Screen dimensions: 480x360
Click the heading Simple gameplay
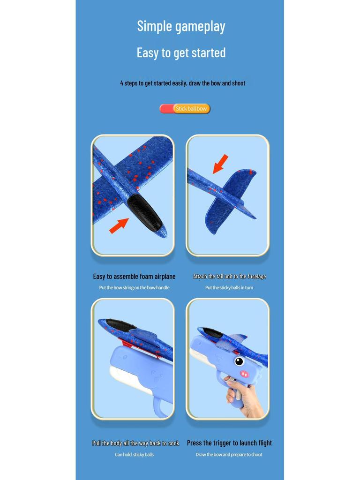[181, 26]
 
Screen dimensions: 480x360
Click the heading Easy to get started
[181, 52]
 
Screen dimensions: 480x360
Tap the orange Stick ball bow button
[191, 109]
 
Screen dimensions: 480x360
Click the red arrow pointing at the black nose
[119, 225]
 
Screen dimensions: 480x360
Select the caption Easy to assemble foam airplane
[134, 277]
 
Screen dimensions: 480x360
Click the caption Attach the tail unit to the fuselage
[229, 277]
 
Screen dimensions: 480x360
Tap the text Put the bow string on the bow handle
[134, 288]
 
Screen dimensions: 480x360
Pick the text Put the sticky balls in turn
[229, 288]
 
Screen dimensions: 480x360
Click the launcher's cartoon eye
[239, 361]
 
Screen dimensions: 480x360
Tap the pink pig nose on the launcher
[244, 374]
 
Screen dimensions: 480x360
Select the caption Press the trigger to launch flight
[229, 443]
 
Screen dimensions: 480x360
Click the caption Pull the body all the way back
[135, 443]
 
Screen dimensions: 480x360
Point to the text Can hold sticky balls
[134, 455]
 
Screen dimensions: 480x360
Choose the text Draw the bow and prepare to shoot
[229, 455]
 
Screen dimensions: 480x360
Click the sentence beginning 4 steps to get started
[182, 83]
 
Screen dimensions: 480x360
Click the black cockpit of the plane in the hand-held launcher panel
[213, 332]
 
